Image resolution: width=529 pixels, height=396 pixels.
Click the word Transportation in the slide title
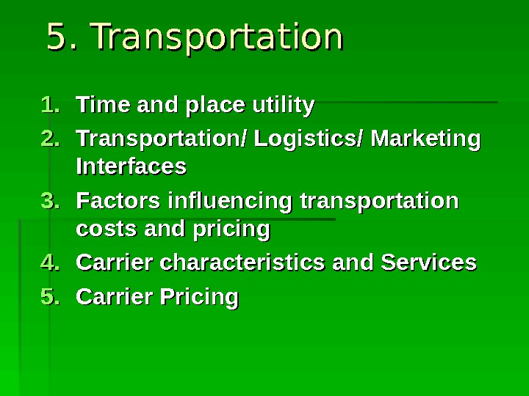(x=218, y=38)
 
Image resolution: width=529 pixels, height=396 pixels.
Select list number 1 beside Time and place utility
(x=50, y=106)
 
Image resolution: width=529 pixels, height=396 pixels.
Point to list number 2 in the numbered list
(x=50, y=138)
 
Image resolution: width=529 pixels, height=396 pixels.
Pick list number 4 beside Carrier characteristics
(x=50, y=262)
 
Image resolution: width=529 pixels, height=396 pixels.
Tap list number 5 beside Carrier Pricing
(x=50, y=297)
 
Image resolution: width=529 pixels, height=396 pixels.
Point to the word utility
(x=283, y=106)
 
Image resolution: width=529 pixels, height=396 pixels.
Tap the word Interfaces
(x=131, y=167)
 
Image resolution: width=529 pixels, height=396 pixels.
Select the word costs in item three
(x=103, y=230)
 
